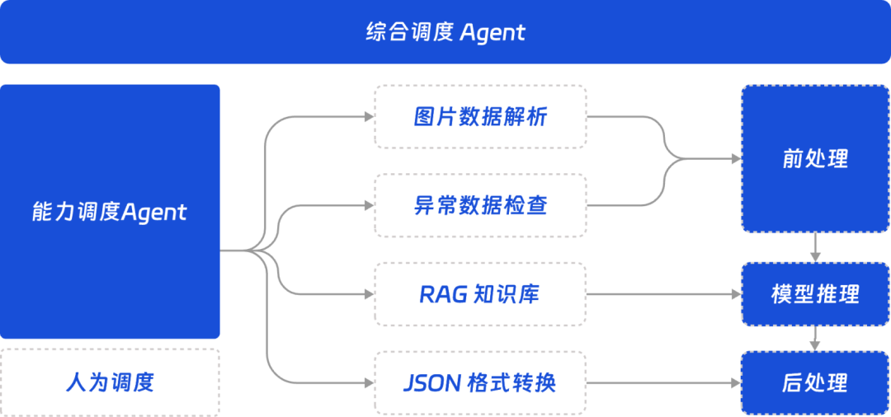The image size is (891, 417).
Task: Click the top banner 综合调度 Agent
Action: click(445, 32)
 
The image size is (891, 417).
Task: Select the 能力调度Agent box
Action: click(110, 212)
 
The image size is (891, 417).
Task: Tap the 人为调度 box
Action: click(110, 382)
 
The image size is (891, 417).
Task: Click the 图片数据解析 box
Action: click(480, 117)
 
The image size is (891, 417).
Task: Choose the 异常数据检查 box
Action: click(480, 205)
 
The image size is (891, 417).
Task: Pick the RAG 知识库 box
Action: click(480, 294)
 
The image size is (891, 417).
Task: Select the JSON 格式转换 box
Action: click(480, 383)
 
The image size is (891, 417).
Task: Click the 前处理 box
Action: click(815, 158)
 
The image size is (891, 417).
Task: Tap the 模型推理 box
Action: click(815, 294)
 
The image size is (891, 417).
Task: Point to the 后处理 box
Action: click(815, 383)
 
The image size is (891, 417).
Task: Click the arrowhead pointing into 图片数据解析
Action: click(368, 117)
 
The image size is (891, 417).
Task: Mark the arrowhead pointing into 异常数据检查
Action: click(368, 205)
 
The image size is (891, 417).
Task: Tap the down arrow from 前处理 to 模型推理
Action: click(815, 247)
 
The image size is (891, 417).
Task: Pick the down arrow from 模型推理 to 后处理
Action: click(815, 337)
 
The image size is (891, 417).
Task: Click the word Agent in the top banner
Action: click(492, 33)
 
